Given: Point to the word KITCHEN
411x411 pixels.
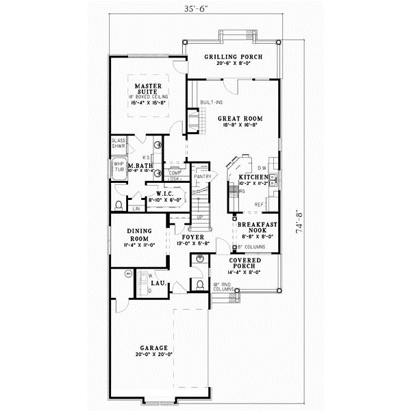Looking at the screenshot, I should [x=251, y=177].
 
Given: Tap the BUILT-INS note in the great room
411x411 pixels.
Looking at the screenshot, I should [x=211, y=102].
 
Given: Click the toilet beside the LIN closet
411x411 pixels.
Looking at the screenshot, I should [x=120, y=205].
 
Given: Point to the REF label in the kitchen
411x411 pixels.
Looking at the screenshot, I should [x=259, y=204].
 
